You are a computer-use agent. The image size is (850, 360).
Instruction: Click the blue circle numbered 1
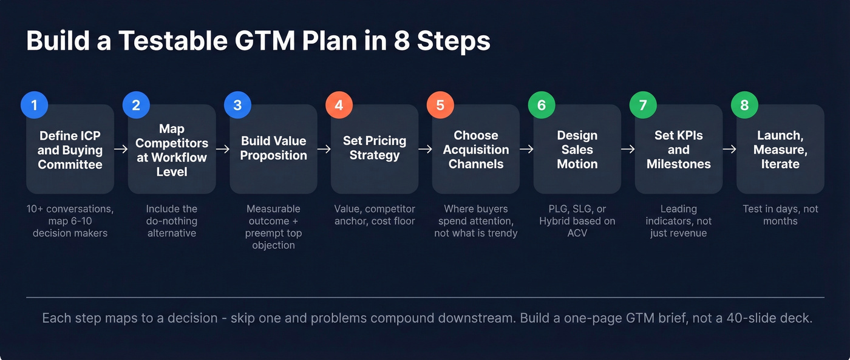coord(34,105)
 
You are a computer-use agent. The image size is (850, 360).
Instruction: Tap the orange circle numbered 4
coord(339,105)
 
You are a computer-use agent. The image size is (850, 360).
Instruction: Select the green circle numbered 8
coord(744,105)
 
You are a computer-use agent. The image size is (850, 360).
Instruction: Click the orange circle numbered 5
coord(440,105)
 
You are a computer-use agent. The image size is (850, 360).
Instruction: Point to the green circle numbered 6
coord(542,105)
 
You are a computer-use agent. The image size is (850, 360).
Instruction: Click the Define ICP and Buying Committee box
coord(70,150)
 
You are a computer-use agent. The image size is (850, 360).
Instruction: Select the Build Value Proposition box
coord(273,149)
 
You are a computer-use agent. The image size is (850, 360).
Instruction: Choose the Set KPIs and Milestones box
coord(678,150)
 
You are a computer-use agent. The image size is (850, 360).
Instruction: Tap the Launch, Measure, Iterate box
coord(780,150)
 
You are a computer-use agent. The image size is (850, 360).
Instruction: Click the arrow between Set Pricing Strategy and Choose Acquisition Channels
coord(425,149)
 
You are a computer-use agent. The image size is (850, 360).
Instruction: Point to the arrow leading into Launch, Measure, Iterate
coord(729,149)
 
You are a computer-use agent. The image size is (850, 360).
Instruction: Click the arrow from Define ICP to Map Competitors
coord(121,149)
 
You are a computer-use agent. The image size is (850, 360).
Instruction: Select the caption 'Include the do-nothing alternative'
coord(172,221)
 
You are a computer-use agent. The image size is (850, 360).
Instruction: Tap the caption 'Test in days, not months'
coord(780,215)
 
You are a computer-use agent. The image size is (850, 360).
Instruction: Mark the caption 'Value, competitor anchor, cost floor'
coord(375,215)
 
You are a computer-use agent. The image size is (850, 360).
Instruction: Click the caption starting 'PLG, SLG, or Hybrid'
coord(577,221)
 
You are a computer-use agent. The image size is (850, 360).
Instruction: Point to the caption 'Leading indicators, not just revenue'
coord(678,221)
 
